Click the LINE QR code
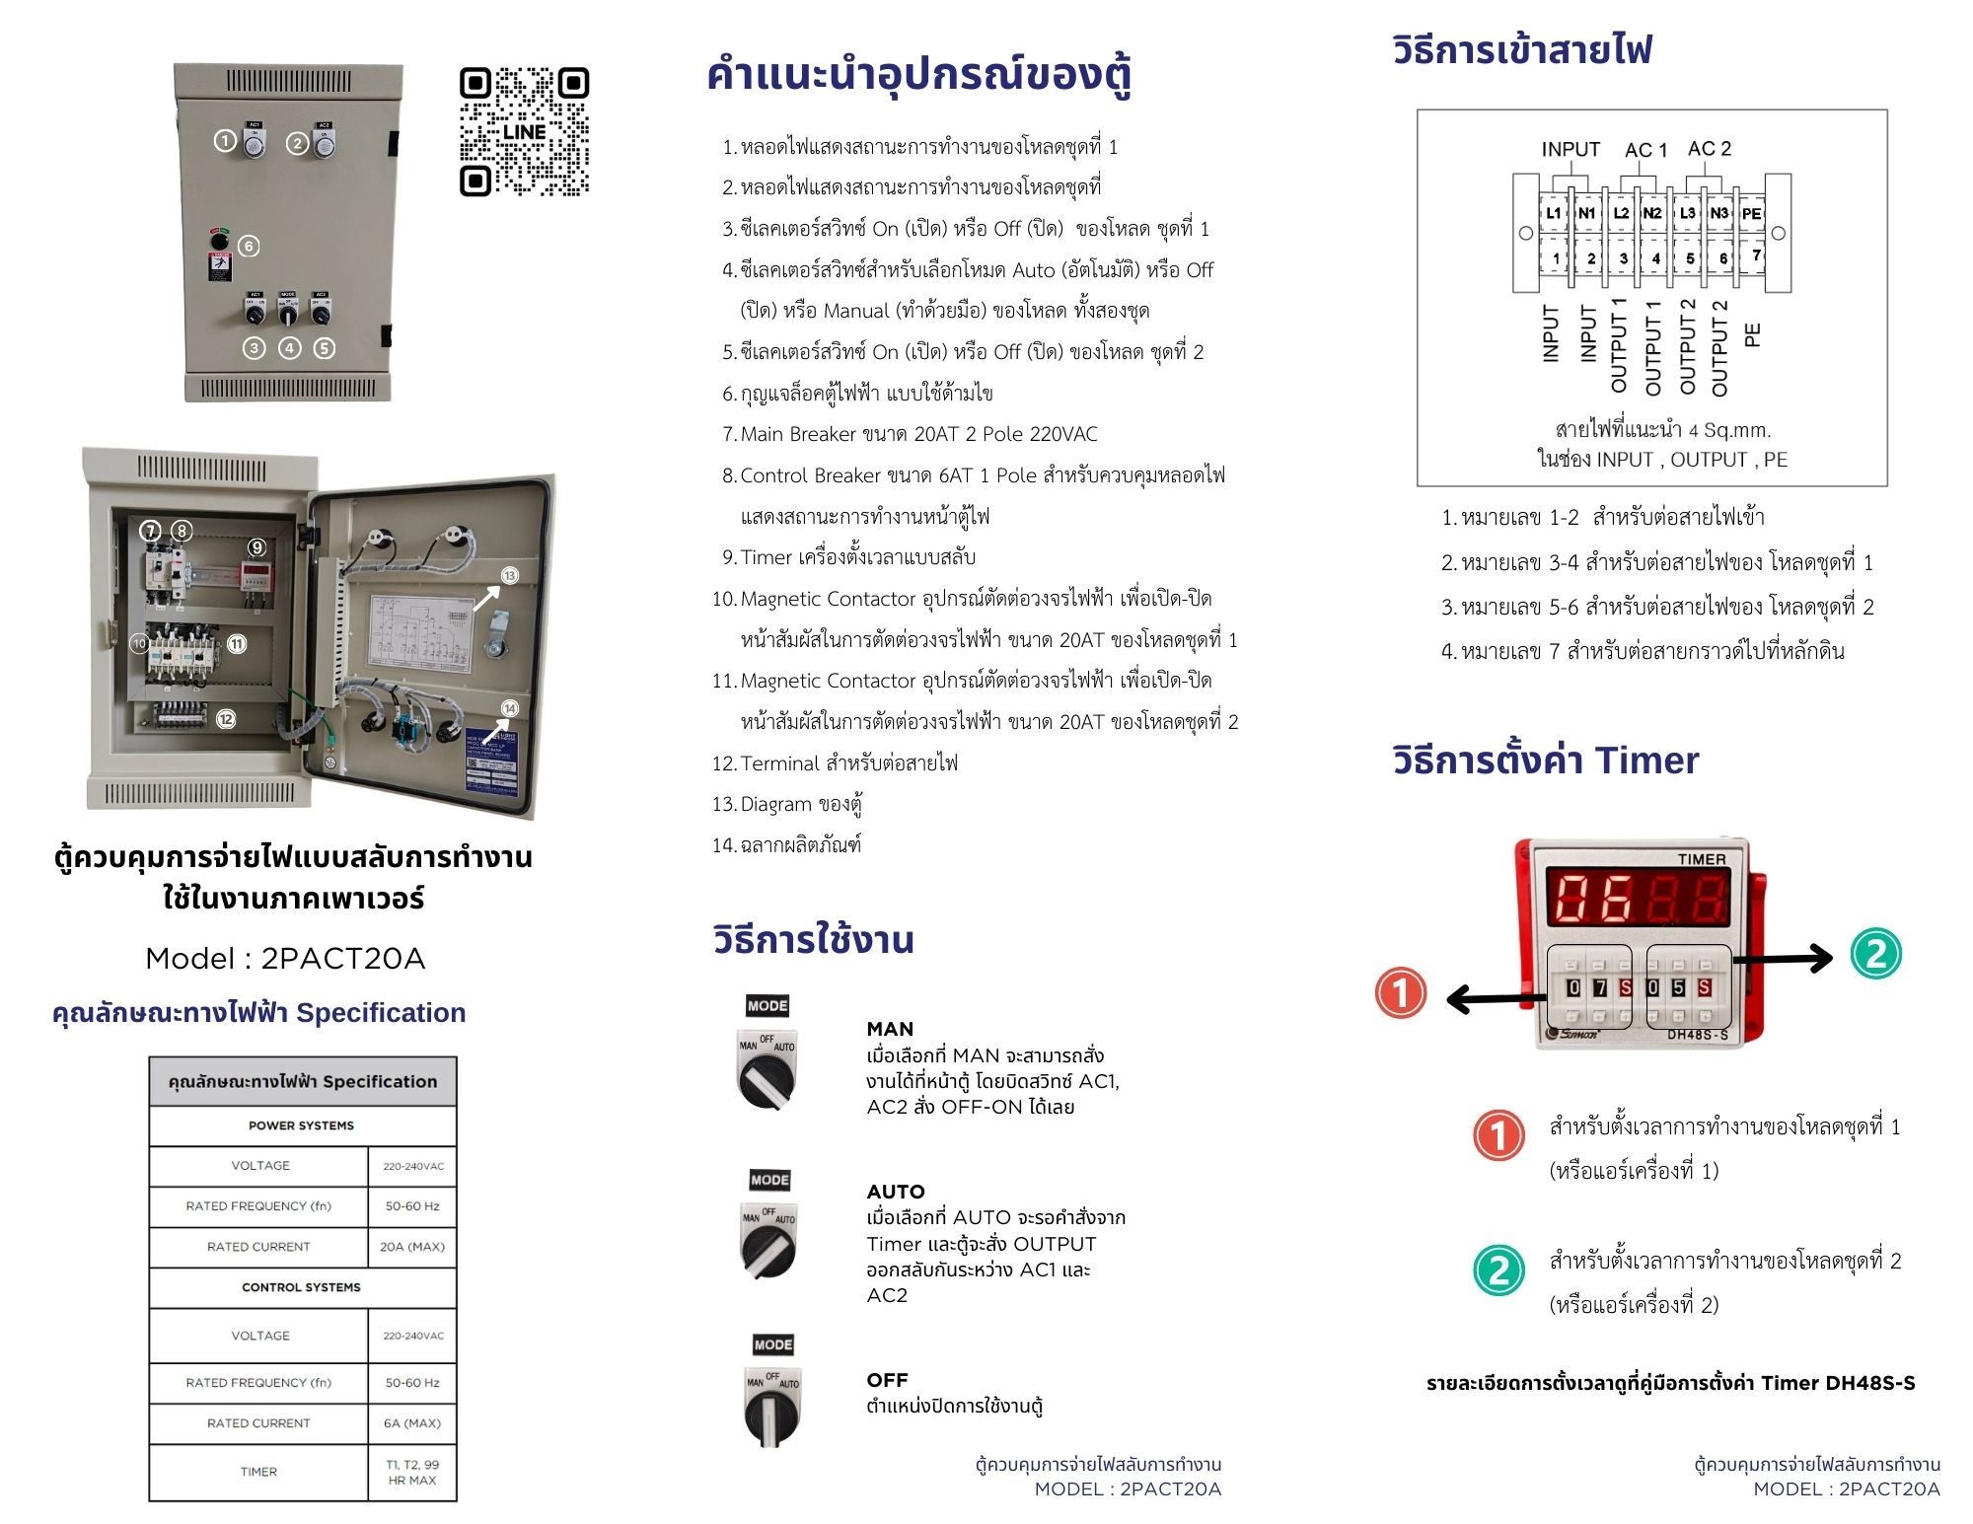coord(524,131)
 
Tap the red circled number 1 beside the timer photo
coord(1400,992)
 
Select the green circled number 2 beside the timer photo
coord(1875,954)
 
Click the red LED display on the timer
coord(1637,898)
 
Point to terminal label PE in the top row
coord(1751,213)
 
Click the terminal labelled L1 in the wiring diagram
coord(1554,213)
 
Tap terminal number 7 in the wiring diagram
coord(1756,255)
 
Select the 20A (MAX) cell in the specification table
coord(412,1247)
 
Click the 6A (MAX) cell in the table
coord(412,1423)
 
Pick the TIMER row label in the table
coord(258,1472)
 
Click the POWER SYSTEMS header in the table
coord(301,1125)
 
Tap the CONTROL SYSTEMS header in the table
coord(301,1287)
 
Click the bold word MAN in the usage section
coord(890,1029)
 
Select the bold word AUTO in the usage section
coord(896,1192)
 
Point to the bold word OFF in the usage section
coord(887,1380)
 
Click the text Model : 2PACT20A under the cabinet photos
coord(285,958)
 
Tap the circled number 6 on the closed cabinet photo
coord(250,246)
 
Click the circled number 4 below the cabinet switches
coord(289,348)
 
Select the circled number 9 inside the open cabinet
coord(256,547)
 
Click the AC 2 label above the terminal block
coord(1709,149)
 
